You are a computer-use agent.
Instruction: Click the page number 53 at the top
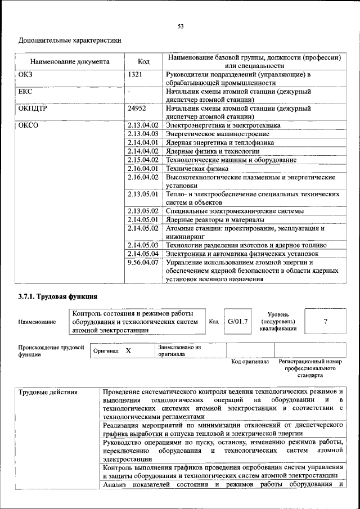180,26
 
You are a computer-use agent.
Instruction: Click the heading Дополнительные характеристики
70,40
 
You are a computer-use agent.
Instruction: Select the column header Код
143,62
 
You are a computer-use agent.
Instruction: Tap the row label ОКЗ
26,74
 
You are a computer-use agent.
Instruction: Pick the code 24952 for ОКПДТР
137,109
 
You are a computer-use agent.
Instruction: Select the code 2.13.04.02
143,125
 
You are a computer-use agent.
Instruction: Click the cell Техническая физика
198,168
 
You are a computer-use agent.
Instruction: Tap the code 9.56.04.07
143,262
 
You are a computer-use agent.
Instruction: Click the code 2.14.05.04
143,254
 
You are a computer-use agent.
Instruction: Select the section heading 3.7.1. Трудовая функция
58,296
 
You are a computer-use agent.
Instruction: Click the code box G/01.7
237,322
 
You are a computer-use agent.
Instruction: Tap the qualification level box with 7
325,322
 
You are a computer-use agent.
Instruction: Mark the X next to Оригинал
128,350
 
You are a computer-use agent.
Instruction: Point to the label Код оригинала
250,362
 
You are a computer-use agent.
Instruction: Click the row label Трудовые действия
48,391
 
